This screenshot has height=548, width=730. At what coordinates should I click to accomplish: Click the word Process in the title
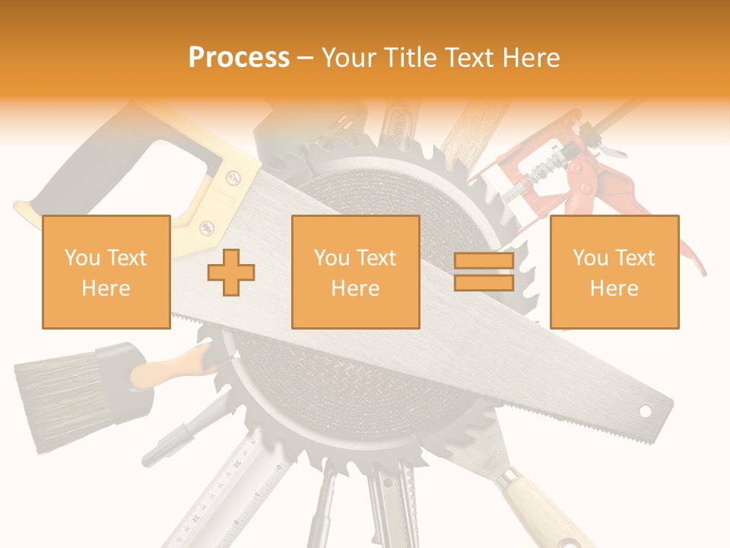[x=239, y=57]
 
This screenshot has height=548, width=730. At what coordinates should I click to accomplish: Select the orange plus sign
[x=231, y=272]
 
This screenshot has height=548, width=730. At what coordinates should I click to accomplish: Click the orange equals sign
[x=484, y=272]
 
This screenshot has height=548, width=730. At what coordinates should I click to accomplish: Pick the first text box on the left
[x=106, y=272]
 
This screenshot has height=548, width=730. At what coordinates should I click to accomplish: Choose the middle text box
[x=355, y=272]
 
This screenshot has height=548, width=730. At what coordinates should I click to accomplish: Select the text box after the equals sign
[x=614, y=272]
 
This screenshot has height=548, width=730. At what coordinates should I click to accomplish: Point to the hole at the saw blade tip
[x=645, y=411]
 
